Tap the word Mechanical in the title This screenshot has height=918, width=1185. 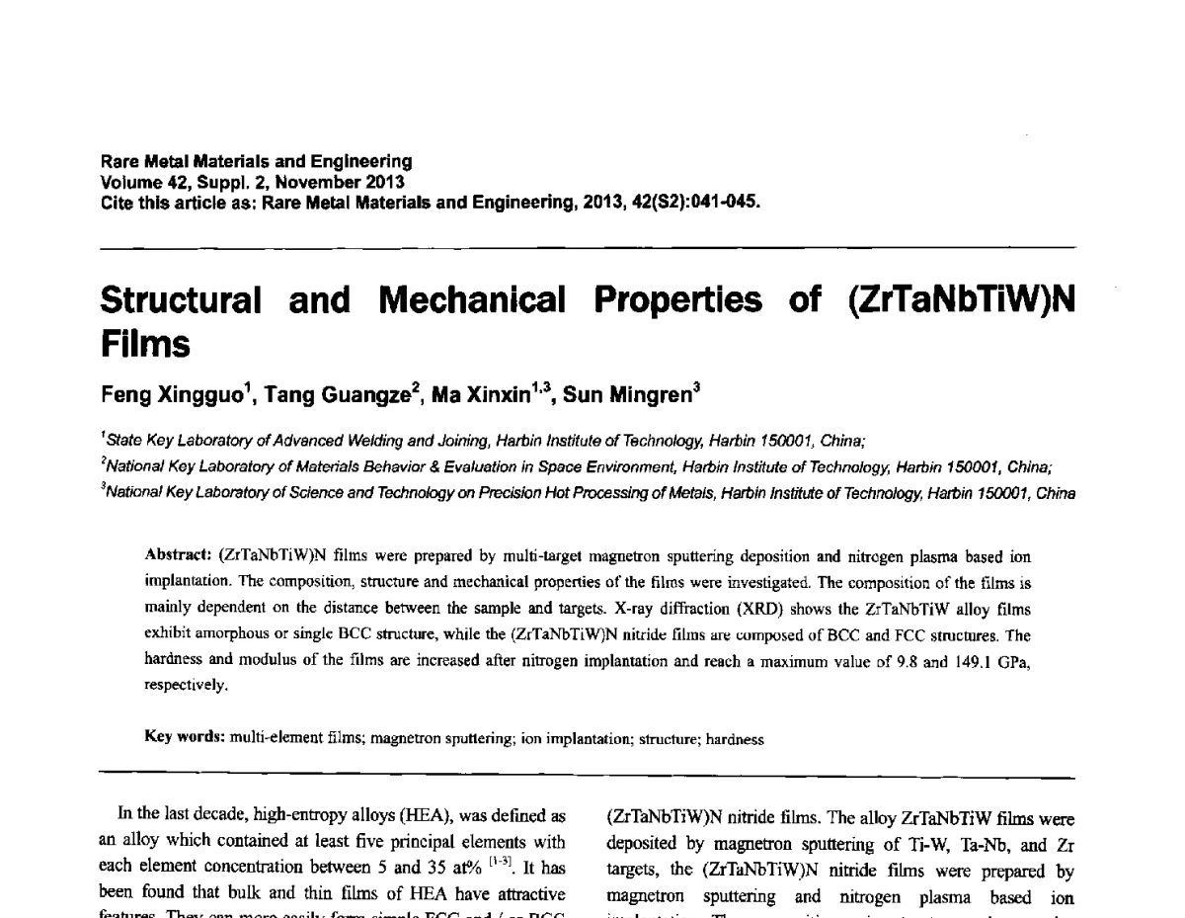pyautogui.click(x=472, y=300)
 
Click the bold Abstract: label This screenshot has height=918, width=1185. pyautogui.click(x=178, y=556)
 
